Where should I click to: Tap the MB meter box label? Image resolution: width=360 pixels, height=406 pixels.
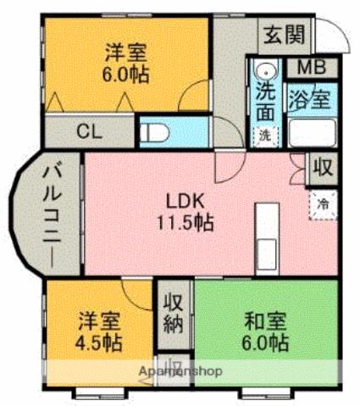(310, 67)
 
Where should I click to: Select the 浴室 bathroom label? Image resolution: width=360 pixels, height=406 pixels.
(310, 97)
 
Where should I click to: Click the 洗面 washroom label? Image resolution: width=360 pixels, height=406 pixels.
(265, 97)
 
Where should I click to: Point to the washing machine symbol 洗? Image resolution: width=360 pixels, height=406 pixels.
(265, 134)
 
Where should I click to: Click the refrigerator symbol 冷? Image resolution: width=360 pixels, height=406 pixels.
(323, 203)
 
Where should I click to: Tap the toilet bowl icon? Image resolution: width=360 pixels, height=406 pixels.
(156, 131)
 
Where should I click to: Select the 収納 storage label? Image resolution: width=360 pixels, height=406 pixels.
(174, 313)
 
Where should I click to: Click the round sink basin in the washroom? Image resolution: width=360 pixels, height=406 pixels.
(264, 71)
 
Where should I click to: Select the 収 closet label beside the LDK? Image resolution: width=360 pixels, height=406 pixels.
(322, 167)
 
